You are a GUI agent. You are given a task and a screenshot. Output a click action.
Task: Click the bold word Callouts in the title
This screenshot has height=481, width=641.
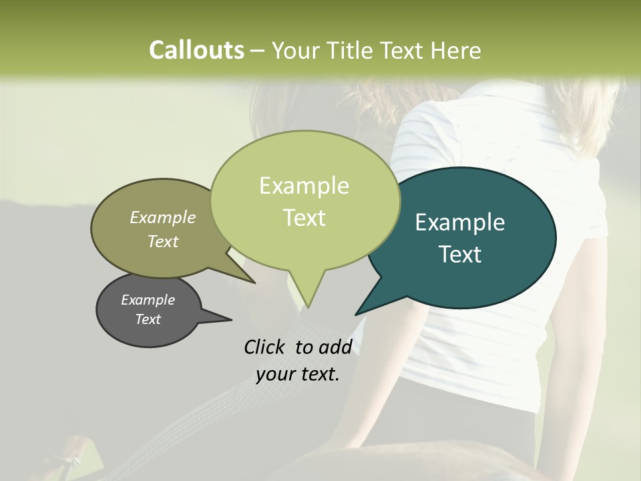click(196, 50)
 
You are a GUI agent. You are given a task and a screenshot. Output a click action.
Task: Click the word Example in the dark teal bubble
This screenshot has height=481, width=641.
click(460, 222)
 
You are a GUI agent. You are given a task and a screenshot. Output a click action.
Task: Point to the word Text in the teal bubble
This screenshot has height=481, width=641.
click(460, 255)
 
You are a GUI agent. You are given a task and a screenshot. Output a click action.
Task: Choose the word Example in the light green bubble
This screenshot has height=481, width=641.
click(304, 186)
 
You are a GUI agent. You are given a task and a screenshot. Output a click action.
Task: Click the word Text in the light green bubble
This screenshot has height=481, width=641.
click(304, 218)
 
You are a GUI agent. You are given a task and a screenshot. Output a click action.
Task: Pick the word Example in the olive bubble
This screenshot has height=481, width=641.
click(163, 217)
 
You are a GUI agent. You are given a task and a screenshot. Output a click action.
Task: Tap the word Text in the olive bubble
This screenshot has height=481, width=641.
click(163, 241)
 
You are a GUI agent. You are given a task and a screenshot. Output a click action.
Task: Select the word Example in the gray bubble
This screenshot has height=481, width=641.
click(148, 299)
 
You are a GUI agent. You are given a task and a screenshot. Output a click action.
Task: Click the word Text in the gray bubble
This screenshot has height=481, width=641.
click(148, 319)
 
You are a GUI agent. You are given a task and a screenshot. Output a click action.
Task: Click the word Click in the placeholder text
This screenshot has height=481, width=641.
click(265, 347)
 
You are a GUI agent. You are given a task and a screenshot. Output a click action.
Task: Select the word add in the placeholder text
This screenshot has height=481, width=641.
click(335, 347)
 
